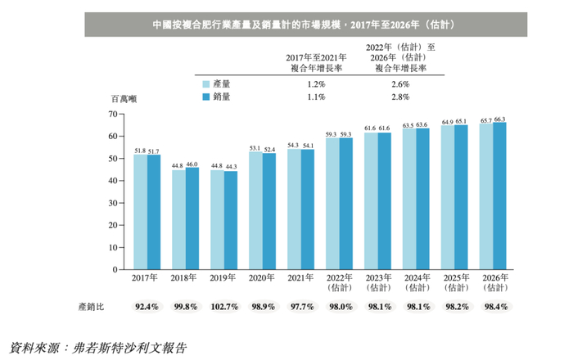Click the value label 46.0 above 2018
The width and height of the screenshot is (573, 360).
[192, 165]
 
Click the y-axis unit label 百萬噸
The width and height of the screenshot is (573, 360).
[124, 98]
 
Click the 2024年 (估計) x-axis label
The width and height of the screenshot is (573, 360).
[415, 283]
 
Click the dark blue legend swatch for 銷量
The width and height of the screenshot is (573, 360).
[206, 97]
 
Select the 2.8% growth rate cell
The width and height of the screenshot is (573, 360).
[399, 97]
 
